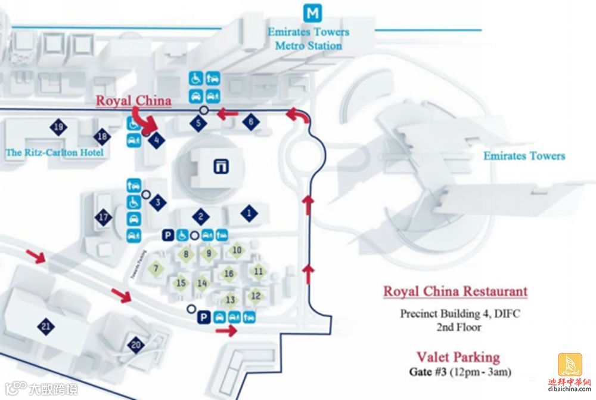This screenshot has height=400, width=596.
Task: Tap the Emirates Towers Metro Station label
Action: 308,38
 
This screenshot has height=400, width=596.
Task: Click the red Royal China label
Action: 134,100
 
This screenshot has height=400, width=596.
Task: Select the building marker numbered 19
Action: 58,127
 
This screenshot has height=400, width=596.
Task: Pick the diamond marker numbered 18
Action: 103,137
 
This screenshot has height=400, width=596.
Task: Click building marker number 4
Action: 156,141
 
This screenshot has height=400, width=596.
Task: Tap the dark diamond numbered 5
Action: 198,124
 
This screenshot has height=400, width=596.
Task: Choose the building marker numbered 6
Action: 250,122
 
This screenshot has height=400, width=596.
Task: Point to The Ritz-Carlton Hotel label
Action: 54,153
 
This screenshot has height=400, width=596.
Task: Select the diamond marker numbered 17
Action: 104,217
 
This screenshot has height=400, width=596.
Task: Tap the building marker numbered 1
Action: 249,212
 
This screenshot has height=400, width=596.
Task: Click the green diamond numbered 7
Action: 156,269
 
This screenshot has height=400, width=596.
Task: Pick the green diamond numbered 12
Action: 256,296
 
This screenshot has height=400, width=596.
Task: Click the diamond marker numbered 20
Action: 136,344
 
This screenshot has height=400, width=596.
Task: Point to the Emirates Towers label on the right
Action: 524,156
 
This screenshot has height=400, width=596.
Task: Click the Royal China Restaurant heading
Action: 455,291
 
